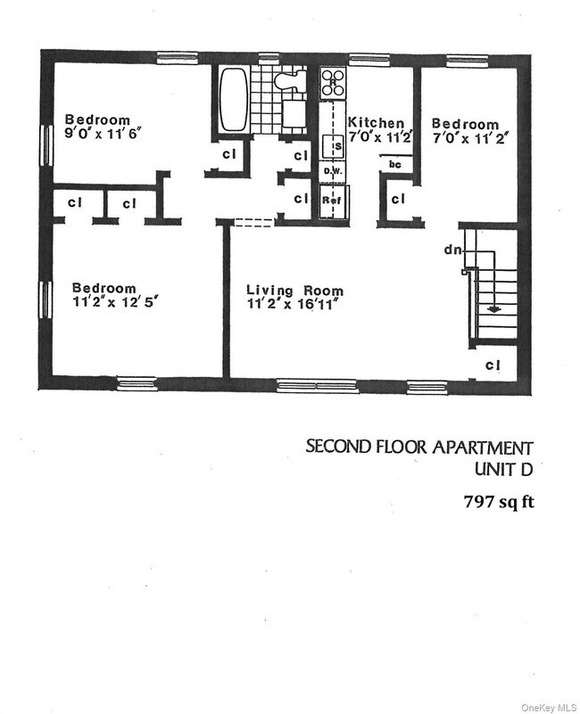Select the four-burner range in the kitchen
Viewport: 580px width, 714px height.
(x=333, y=82)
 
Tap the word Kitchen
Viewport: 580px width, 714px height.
(x=376, y=123)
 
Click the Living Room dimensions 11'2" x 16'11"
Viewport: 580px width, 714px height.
(x=294, y=307)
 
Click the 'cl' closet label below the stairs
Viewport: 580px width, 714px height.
(x=493, y=365)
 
